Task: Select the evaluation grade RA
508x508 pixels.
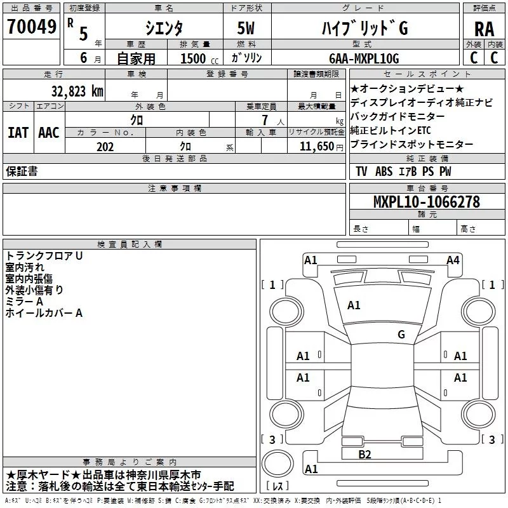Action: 484,28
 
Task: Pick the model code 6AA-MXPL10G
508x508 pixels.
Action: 364,58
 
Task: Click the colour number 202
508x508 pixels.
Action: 105,147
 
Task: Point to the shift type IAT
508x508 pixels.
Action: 18,132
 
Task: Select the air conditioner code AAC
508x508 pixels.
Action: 49,132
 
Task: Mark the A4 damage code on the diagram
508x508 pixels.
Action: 453,260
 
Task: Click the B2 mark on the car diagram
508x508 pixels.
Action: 364,454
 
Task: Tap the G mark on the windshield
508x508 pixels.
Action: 401,334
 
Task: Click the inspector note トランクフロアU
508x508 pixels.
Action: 44,255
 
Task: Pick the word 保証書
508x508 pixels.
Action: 22,171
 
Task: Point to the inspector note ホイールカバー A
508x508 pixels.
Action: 44,312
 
